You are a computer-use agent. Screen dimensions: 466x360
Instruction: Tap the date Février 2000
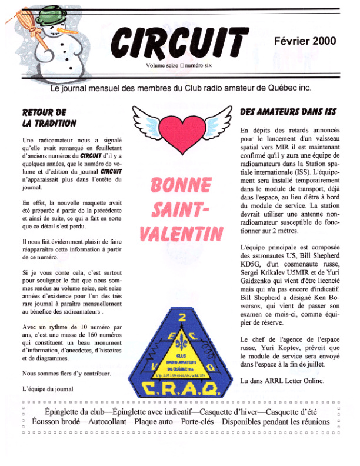(305, 41)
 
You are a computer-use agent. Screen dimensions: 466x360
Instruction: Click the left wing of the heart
(145, 118)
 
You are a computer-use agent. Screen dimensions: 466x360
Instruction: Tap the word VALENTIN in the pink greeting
(181, 232)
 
